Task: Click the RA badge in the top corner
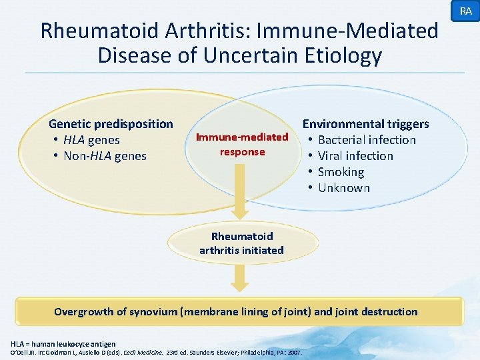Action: (x=465, y=11)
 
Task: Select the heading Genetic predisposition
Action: (x=111, y=124)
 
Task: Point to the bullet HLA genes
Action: (x=91, y=140)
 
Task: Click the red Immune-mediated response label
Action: (x=242, y=145)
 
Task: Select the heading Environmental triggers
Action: (x=366, y=124)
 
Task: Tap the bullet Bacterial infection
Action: (x=367, y=140)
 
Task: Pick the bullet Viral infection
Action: (x=355, y=156)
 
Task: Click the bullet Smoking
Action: (x=341, y=172)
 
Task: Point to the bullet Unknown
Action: (x=343, y=188)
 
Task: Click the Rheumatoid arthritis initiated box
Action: (x=241, y=243)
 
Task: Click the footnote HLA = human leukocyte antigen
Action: (x=63, y=343)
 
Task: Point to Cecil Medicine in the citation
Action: (x=143, y=352)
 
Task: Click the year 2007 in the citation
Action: (x=294, y=352)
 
